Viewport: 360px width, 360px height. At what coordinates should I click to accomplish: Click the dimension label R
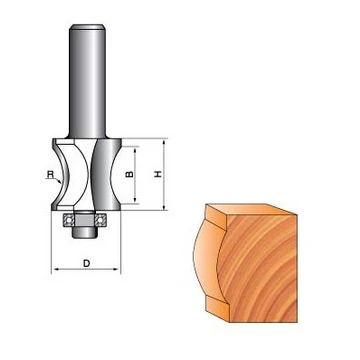[x=50, y=174]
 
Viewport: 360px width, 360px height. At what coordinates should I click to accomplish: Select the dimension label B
[x=130, y=174]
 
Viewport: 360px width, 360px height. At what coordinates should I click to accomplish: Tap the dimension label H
[x=158, y=174]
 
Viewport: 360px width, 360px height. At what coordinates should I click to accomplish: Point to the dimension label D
[x=86, y=263]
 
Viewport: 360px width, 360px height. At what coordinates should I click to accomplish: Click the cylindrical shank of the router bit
[x=87, y=80]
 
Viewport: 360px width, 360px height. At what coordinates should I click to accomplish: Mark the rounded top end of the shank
[x=87, y=27]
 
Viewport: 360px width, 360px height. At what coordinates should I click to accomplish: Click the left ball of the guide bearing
[x=69, y=220]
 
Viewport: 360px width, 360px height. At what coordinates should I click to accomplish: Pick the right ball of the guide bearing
[x=99, y=220]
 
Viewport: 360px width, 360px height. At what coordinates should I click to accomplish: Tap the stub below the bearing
[x=85, y=232]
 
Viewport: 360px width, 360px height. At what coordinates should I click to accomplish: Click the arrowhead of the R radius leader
[x=59, y=182]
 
